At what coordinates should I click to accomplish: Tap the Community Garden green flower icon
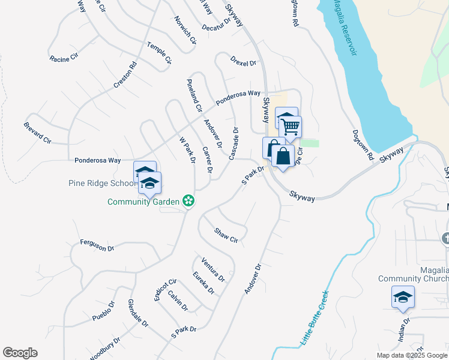(188, 201)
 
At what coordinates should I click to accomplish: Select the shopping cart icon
(291, 127)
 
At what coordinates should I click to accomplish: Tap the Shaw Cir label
(227, 235)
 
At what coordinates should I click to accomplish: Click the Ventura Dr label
(214, 270)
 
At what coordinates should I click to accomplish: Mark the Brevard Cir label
(37, 133)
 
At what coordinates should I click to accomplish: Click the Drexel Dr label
(243, 61)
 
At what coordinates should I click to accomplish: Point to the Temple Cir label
(160, 53)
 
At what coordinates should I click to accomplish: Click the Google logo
(20, 353)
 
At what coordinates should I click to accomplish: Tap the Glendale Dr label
(138, 313)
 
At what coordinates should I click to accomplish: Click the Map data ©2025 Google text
(412, 355)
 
